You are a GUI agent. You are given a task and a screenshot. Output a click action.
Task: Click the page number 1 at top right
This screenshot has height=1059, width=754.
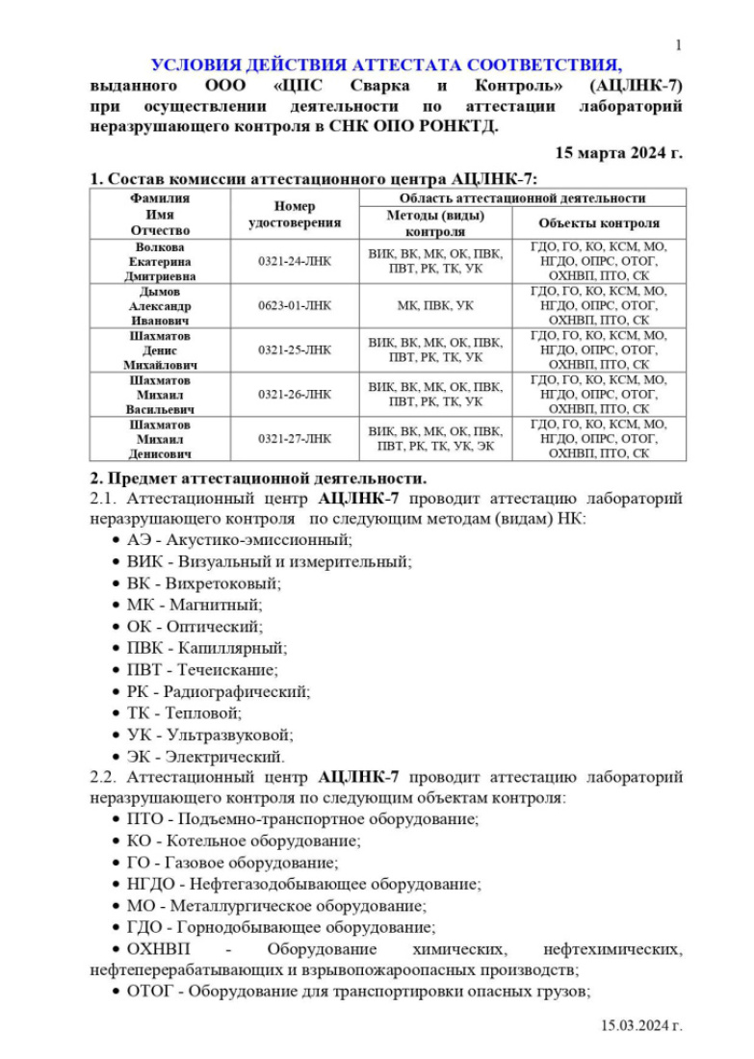(x=679, y=45)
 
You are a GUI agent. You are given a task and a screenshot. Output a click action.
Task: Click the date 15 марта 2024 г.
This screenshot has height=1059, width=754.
(x=619, y=152)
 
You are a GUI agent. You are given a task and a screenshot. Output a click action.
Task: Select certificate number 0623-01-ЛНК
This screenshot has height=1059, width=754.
(x=294, y=306)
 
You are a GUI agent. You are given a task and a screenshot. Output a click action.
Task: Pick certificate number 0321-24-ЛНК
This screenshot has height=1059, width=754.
(x=294, y=261)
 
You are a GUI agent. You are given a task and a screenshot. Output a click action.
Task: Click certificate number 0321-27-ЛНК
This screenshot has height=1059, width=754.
(x=294, y=438)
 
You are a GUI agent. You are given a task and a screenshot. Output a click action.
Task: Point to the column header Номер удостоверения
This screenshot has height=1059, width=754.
(x=294, y=215)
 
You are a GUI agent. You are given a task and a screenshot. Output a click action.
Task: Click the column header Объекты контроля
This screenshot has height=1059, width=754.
(x=599, y=223)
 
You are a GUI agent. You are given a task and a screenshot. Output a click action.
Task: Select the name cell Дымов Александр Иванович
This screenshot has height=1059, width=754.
(x=160, y=306)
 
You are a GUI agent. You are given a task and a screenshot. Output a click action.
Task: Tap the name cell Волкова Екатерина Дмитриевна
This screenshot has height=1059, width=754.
(x=160, y=261)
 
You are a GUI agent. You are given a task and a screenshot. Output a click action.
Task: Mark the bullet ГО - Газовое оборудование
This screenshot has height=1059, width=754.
(x=232, y=863)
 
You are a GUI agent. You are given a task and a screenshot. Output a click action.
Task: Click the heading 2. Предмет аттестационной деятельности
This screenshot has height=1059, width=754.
(x=257, y=478)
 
